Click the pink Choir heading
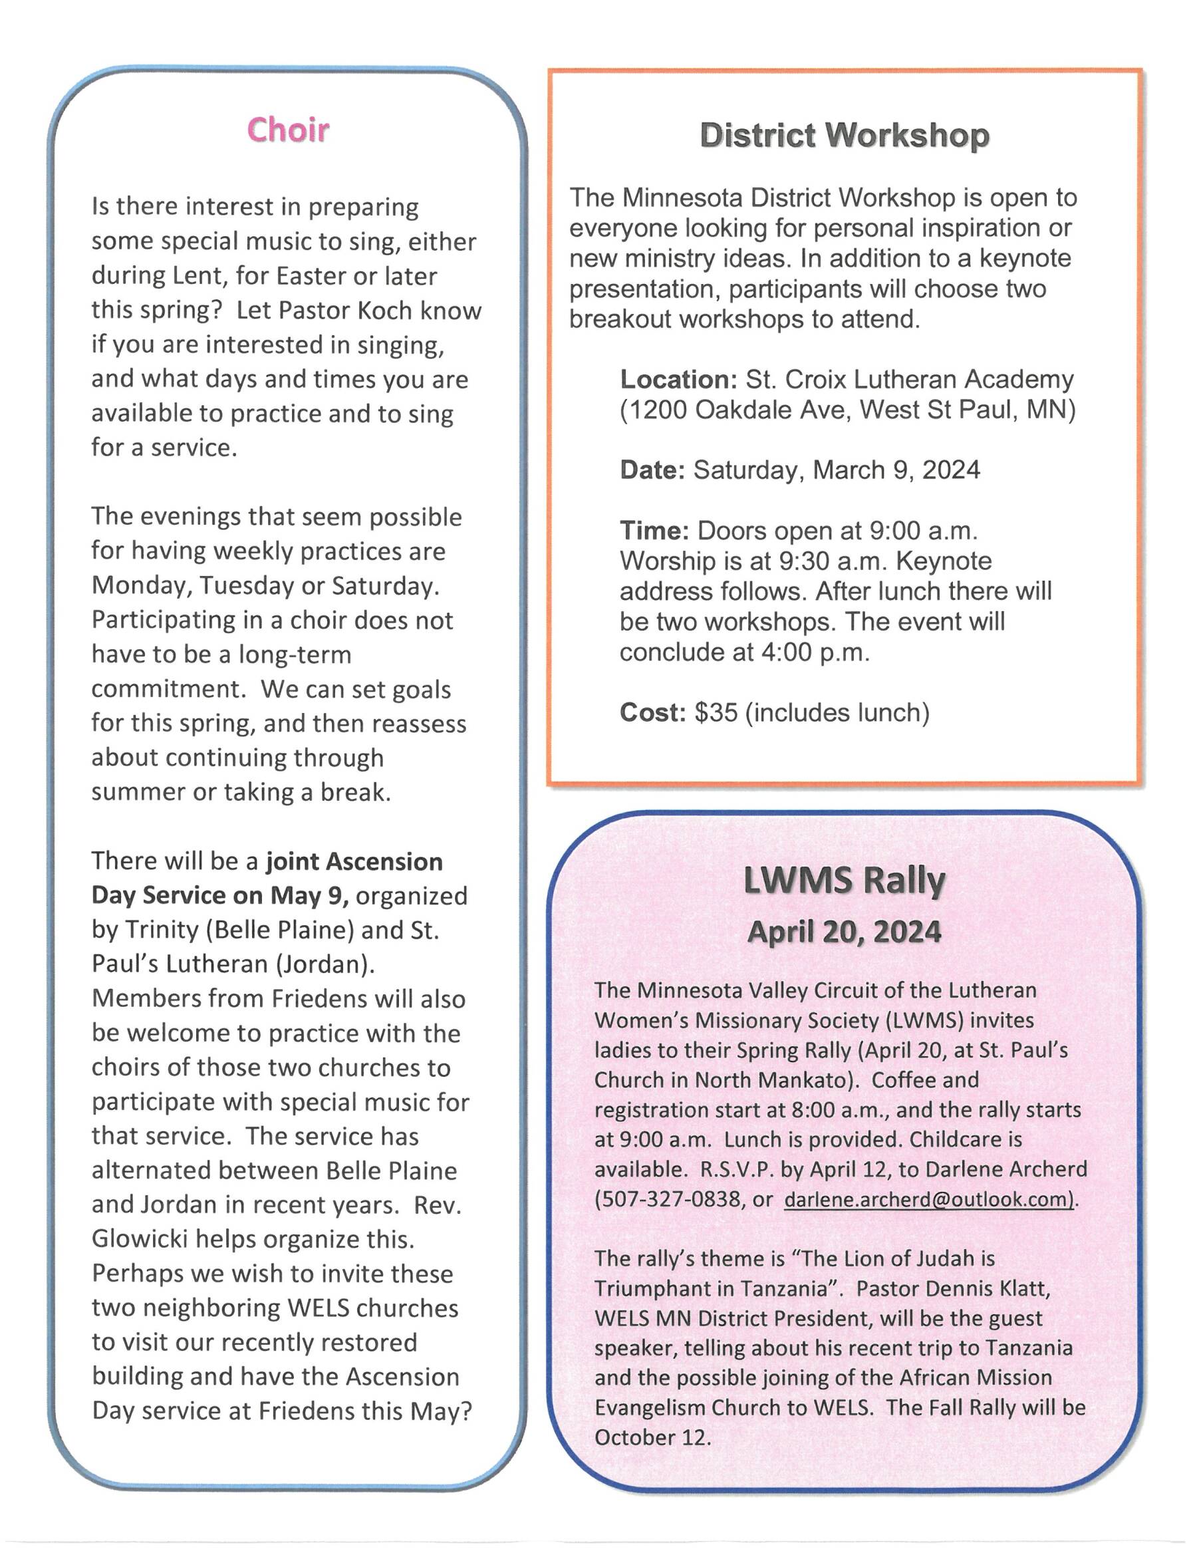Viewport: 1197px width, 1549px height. [x=288, y=130]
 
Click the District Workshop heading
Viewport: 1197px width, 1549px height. [x=844, y=136]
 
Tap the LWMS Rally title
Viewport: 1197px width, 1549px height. [x=844, y=882]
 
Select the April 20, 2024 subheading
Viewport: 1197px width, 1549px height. [x=844, y=931]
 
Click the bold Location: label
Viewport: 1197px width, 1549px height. [x=678, y=380]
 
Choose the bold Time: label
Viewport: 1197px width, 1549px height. [x=654, y=531]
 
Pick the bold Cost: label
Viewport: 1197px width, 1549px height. [x=652, y=712]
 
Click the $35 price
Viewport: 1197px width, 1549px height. [x=716, y=712]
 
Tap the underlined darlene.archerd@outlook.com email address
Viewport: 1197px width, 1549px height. [x=930, y=1199]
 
